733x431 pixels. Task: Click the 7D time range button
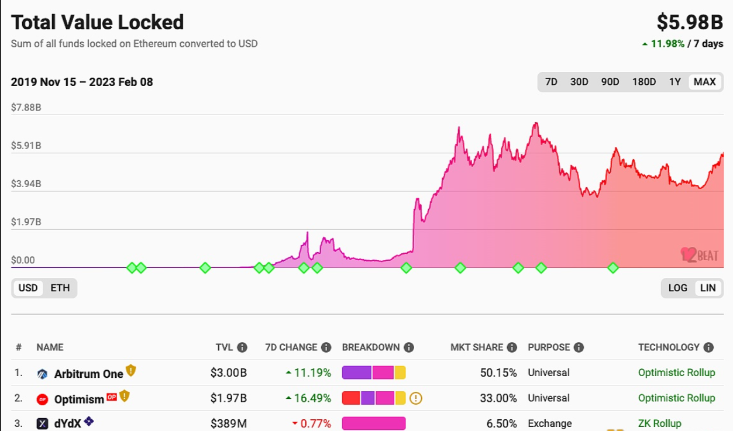[551, 82]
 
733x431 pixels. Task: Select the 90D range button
[610, 82]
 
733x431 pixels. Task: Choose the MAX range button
[704, 82]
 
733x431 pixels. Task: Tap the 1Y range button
[675, 82]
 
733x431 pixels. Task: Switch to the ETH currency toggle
[60, 288]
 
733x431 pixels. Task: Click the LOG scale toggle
[677, 288]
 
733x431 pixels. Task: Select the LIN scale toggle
[708, 288]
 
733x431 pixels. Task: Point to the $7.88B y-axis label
[26, 108]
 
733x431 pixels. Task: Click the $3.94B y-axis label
[26, 184]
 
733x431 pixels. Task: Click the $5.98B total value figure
[690, 22]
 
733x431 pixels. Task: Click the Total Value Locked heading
[97, 22]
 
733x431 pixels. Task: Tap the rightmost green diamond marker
[612, 268]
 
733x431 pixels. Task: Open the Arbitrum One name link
[88, 373]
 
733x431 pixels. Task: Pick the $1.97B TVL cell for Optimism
[228, 399]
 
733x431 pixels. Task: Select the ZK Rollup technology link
[659, 423]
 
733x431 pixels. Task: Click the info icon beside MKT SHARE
[512, 347]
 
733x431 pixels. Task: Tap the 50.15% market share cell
[498, 373]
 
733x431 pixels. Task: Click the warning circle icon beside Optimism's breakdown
[416, 399]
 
